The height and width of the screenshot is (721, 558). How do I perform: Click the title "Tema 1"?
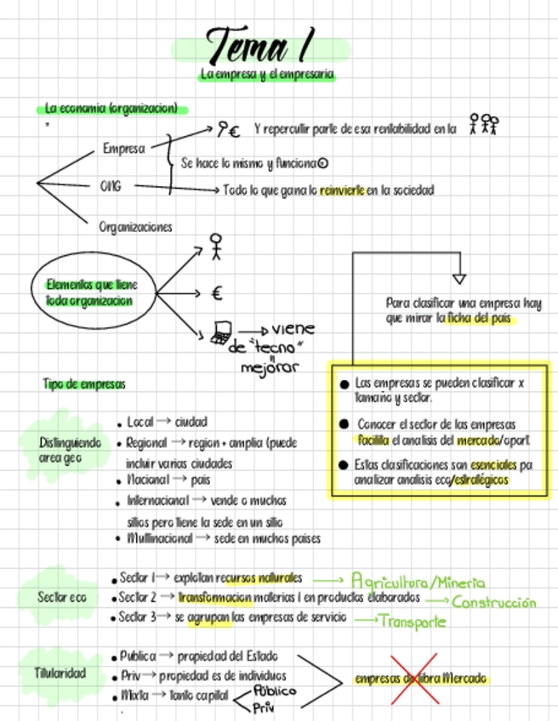pyautogui.click(x=259, y=43)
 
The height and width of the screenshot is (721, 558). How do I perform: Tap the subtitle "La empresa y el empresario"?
pyautogui.click(x=267, y=76)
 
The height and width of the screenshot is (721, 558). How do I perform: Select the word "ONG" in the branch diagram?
pyautogui.click(x=111, y=186)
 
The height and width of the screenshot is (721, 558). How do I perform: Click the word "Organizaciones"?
pyautogui.click(x=135, y=227)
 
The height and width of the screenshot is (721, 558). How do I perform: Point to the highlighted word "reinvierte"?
pyautogui.click(x=343, y=190)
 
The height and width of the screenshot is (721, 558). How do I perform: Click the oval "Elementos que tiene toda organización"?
pyautogui.click(x=91, y=293)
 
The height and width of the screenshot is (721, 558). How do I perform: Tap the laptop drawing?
pyautogui.click(x=220, y=332)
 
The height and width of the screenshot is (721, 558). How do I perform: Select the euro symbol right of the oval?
pyautogui.click(x=217, y=294)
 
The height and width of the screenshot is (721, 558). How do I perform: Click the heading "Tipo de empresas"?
pyautogui.click(x=84, y=384)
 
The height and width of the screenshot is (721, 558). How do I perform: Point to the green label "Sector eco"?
pyautogui.click(x=61, y=598)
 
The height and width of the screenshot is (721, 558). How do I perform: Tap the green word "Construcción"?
pyautogui.click(x=494, y=603)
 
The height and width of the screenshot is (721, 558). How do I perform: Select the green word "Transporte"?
pyautogui.click(x=413, y=622)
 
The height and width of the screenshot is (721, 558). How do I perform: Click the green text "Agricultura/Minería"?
pyautogui.click(x=418, y=582)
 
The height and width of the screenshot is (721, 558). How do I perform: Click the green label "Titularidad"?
pyautogui.click(x=60, y=673)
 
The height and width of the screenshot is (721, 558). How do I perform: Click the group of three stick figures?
pyautogui.click(x=484, y=125)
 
